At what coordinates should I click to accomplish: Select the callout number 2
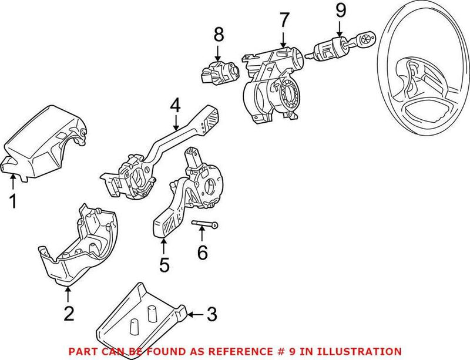pyautogui.click(x=69, y=314)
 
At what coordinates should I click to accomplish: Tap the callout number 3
pyautogui.click(x=211, y=315)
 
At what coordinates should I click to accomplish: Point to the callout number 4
pyautogui.click(x=174, y=106)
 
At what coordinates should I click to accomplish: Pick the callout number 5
pyautogui.click(x=164, y=264)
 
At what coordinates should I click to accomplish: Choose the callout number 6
pyautogui.click(x=202, y=253)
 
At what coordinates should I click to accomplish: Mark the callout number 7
pyautogui.click(x=284, y=19)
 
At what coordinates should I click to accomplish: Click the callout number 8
pyautogui.click(x=219, y=35)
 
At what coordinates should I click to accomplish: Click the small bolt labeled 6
pyautogui.click(x=206, y=225)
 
